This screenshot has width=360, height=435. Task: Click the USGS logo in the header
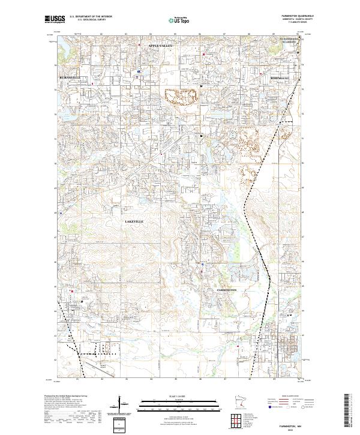(54, 19)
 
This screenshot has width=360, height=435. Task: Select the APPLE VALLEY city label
(157, 46)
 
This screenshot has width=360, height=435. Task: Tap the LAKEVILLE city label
(134, 221)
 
